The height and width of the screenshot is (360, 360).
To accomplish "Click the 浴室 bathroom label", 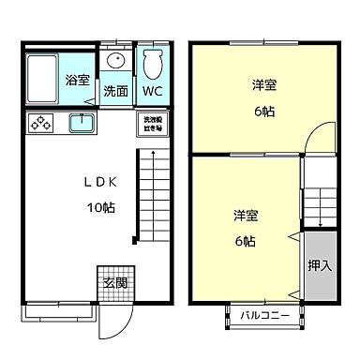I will point(78,81).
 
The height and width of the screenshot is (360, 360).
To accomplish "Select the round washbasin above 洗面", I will point(115,61).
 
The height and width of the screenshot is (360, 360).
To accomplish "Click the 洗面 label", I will point(115,92).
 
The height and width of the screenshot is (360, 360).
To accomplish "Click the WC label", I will point(153,92).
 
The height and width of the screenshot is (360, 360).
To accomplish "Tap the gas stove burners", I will point(42,123).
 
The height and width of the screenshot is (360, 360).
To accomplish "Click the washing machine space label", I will point(153,123).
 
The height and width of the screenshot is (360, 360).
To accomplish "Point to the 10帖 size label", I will point(100,208).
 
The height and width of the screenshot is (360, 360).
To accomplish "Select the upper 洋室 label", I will point(263,85).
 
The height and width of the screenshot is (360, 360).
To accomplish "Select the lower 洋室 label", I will point(247,216).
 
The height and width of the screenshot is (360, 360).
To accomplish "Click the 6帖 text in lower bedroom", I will point(246,241).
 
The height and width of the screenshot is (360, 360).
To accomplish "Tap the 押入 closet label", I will point(320,265).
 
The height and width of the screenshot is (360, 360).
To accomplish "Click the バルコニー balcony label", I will point(262,315).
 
